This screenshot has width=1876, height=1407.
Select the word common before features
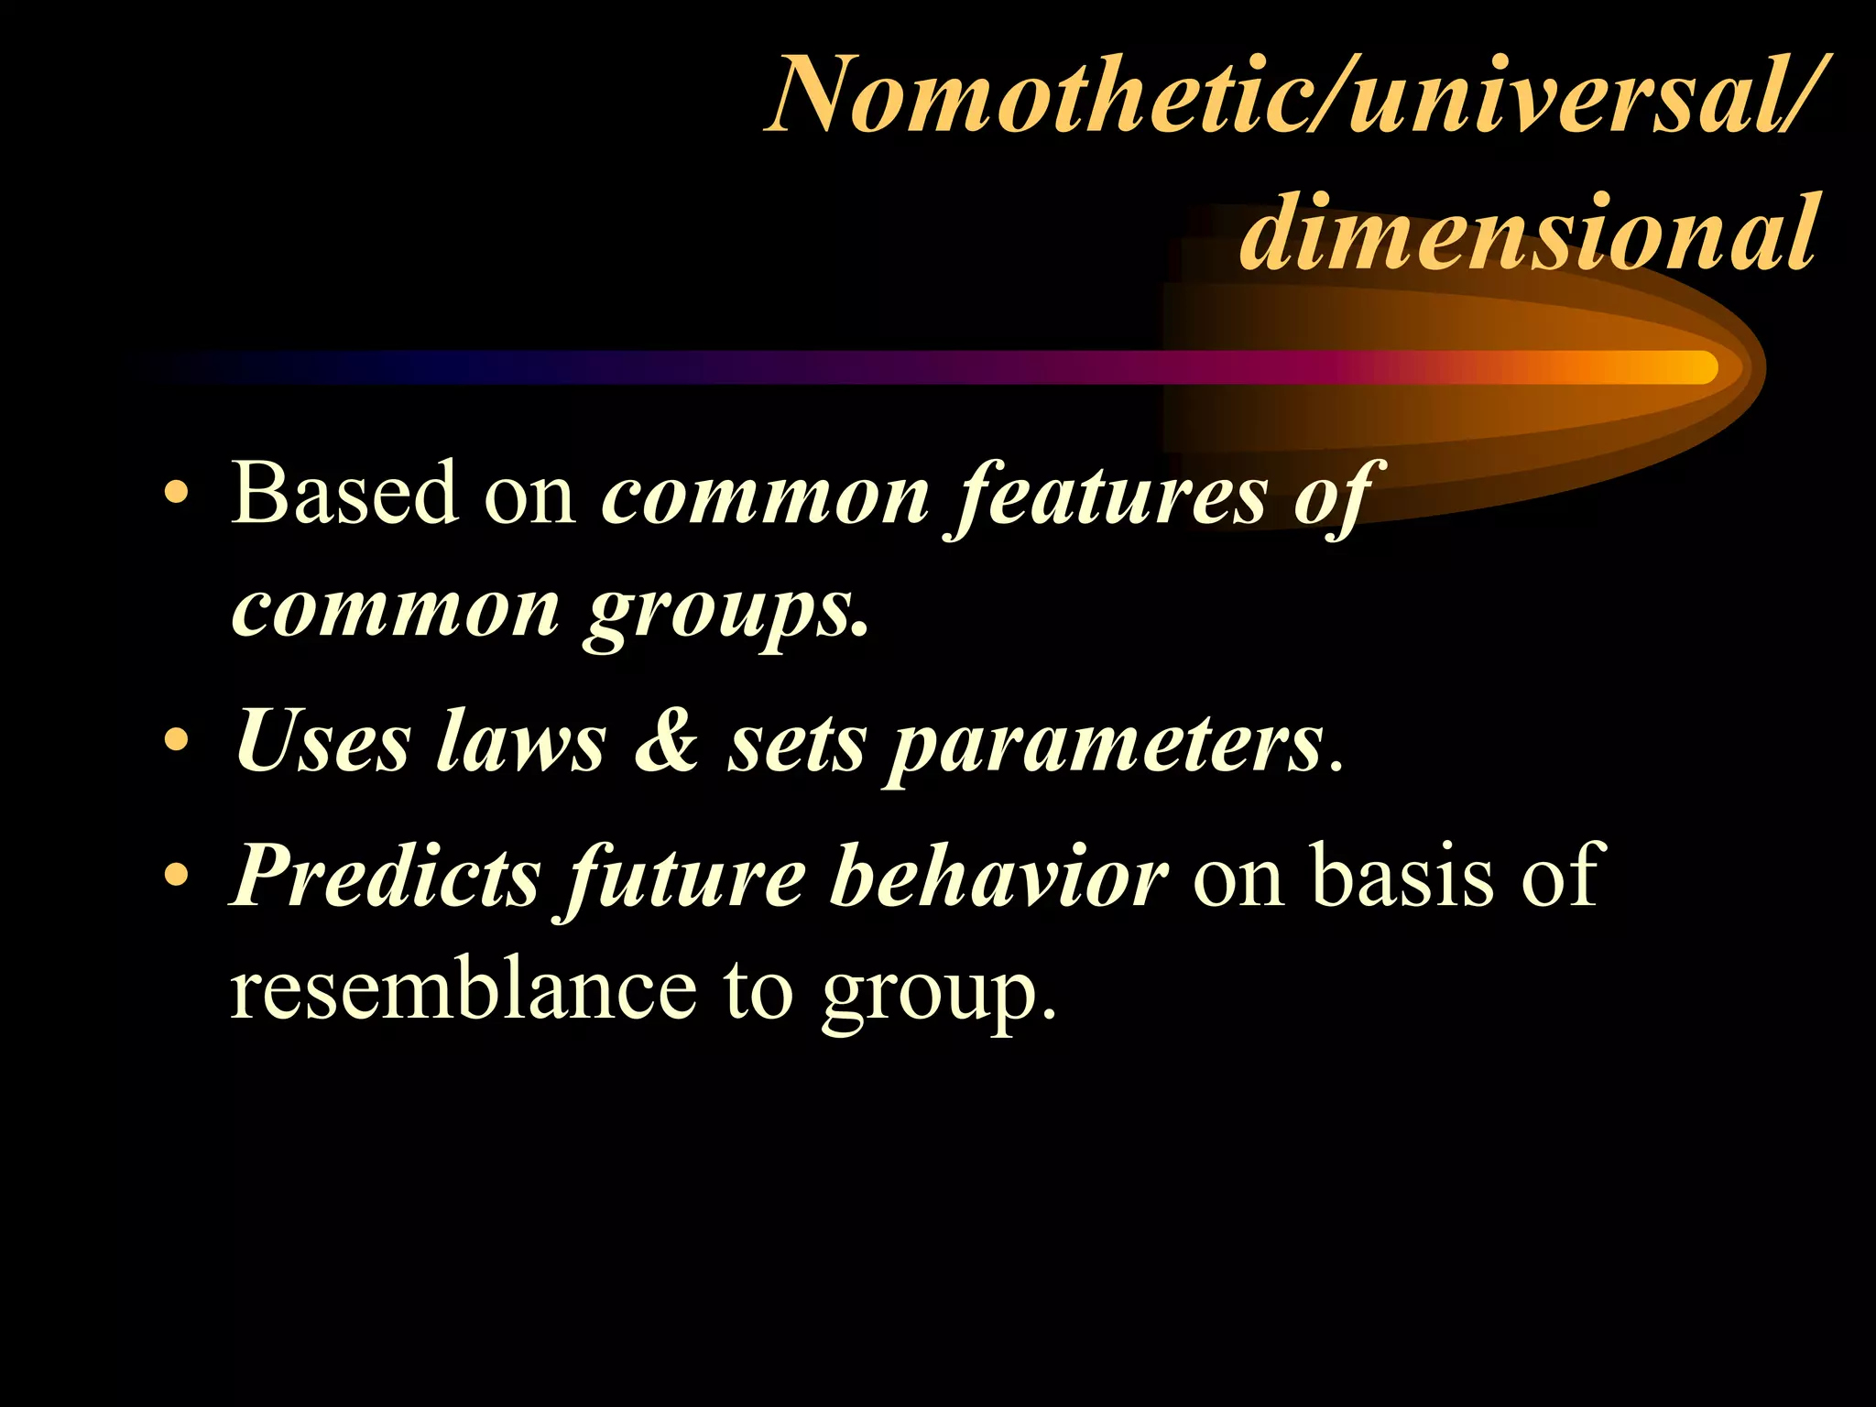[x=766, y=497]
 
